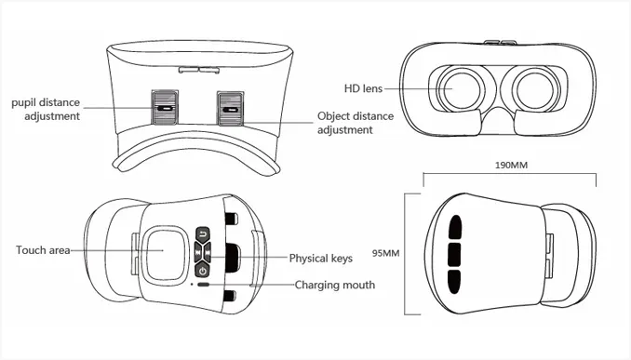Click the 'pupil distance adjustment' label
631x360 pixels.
[46, 109]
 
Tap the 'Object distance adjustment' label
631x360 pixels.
[356, 123]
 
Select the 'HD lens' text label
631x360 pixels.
[363, 88]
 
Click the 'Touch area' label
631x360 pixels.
[43, 250]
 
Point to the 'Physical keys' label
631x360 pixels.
[321, 258]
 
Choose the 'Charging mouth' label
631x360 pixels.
[335, 285]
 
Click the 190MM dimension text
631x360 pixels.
[511, 165]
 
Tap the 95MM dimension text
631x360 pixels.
[385, 253]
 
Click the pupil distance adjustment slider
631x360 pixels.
[164, 107]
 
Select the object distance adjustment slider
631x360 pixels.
[230, 109]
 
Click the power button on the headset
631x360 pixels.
[202, 270]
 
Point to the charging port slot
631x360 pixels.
[204, 285]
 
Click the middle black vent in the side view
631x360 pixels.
[454, 254]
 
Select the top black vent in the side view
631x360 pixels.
[455, 227]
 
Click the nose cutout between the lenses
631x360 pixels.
[498, 120]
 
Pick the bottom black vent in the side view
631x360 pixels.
[454, 282]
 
